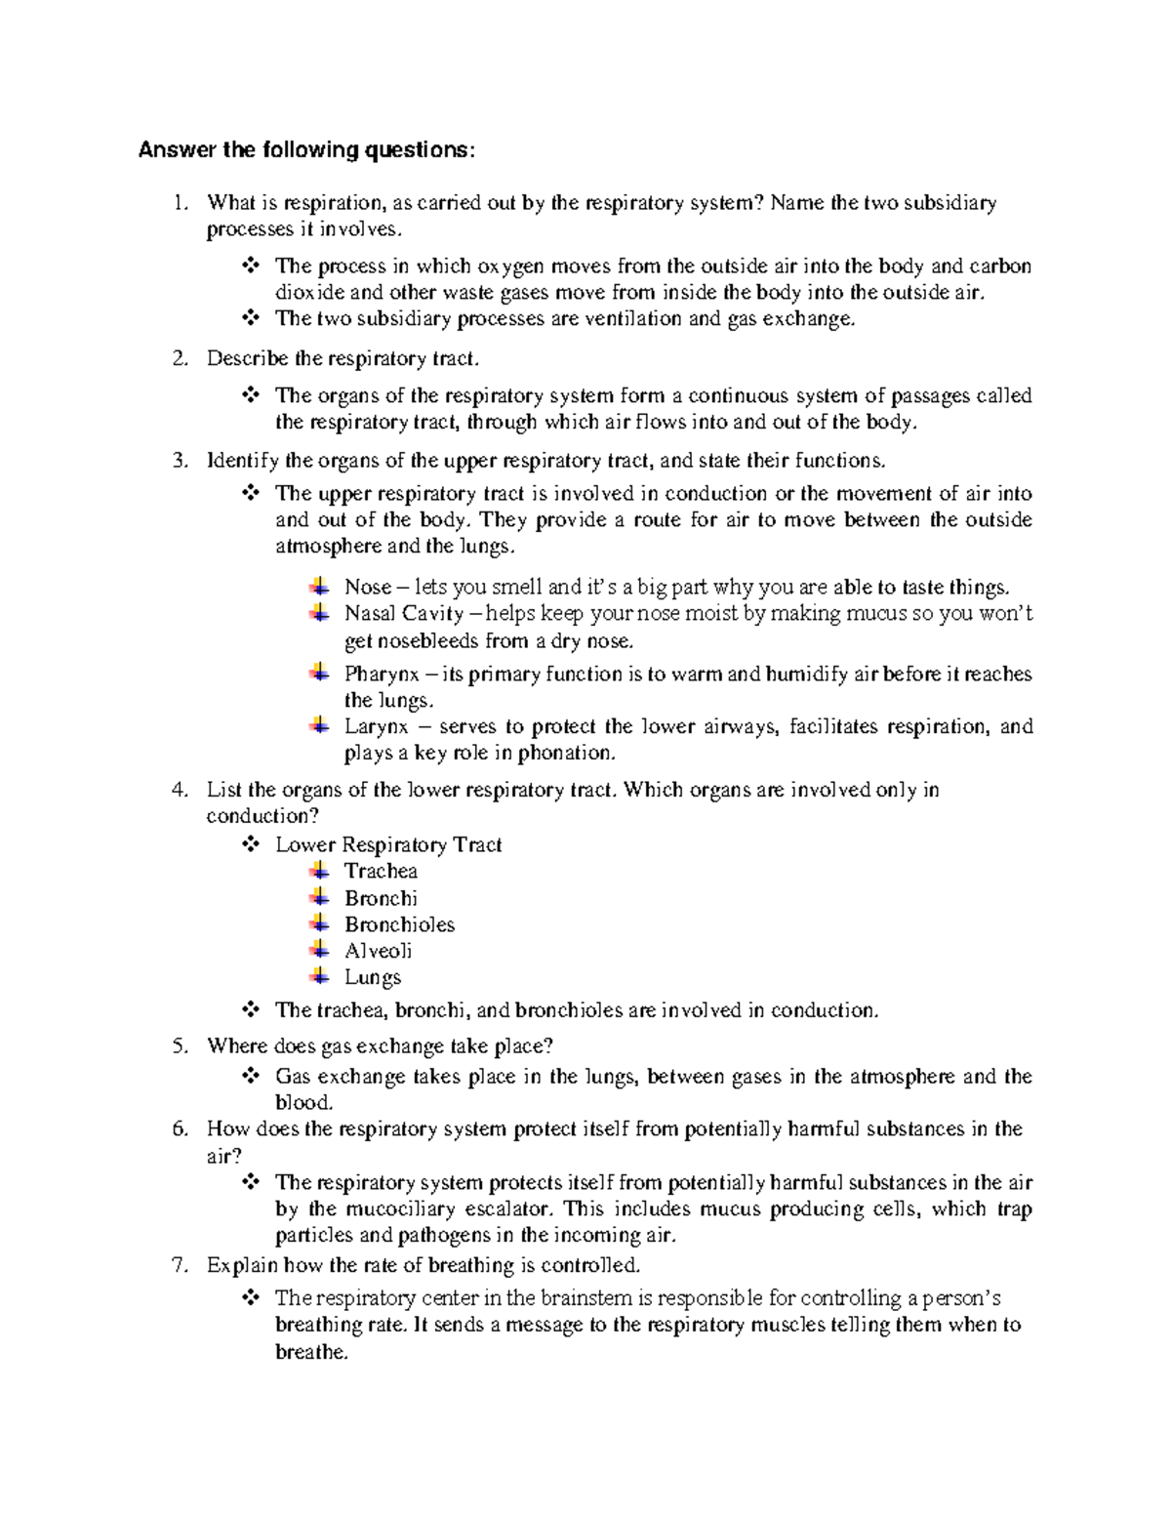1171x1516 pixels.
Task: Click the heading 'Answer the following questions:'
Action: (x=307, y=150)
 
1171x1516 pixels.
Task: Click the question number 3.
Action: (x=178, y=461)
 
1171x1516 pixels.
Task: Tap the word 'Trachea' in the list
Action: (x=381, y=872)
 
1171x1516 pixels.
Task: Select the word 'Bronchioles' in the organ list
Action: (x=399, y=924)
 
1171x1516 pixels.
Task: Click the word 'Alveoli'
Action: (x=378, y=951)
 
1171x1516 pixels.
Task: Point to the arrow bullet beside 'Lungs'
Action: (x=319, y=975)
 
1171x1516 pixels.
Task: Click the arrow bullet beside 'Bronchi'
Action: (x=319, y=896)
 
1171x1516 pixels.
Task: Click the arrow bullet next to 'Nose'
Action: (x=319, y=586)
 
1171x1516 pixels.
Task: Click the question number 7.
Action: (x=178, y=1266)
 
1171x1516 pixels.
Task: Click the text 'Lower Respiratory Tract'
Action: (x=388, y=845)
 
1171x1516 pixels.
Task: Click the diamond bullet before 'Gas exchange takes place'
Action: (x=250, y=1076)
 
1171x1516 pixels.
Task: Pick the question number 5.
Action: (x=178, y=1046)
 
